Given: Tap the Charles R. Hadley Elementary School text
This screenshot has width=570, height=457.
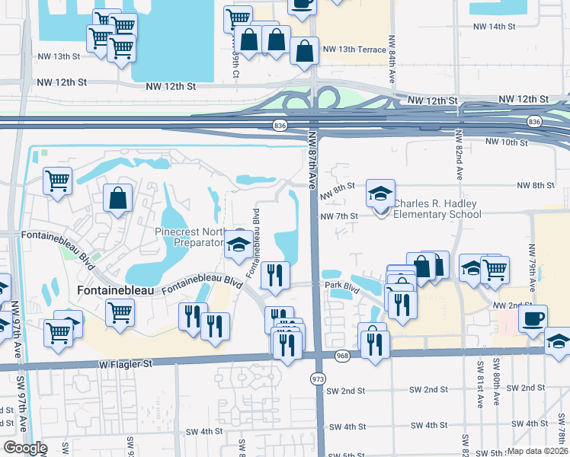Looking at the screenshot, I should click(437, 209).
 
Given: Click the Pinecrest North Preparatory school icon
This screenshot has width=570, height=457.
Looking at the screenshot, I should click(238, 244).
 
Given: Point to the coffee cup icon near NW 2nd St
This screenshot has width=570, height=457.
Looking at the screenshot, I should click(533, 317).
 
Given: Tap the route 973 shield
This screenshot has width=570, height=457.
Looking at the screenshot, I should click(318, 379).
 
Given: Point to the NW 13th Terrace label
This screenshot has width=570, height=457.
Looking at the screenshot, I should click(354, 50).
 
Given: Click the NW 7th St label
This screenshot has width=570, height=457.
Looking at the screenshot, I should click(339, 217).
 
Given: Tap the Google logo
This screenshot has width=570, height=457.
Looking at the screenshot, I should click(24, 448).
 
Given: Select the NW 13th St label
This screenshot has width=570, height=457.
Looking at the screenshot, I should click(59, 56).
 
